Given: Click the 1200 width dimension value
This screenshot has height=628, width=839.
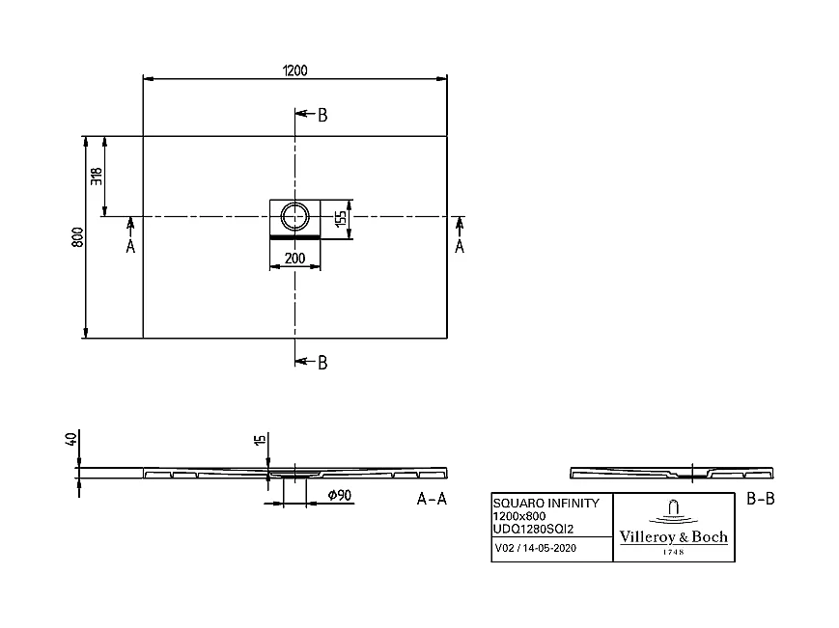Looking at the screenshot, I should (x=294, y=69).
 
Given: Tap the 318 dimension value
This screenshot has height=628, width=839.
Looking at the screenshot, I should (x=97, y=176).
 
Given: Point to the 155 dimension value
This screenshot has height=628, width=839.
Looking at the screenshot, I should (x=341, y=218).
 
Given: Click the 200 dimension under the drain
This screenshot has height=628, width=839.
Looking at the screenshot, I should (x=294, y=259).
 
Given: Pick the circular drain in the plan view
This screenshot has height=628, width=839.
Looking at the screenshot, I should (x=294, y=214).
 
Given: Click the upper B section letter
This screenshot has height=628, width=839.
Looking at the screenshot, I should (x=322, y=116).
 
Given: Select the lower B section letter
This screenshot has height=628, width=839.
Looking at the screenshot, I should (x=322, y=363).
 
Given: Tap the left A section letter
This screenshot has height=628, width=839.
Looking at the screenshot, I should (x=130, y=247).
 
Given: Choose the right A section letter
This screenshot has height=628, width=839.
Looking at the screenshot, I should (x=460, y=247).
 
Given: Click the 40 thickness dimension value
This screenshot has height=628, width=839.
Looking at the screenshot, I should (x=70, y=440).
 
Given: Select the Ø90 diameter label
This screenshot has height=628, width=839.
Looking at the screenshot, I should (x=338, y=496).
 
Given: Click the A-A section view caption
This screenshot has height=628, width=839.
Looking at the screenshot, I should (x=432, y=499).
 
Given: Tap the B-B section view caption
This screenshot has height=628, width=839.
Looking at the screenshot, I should (x=762, y=499).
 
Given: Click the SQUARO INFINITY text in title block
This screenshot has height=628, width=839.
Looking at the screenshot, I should (x=546, y=504).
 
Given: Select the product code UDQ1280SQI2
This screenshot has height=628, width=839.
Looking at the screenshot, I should (x=534, y=529).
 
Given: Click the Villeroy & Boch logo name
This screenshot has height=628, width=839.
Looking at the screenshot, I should (x=673, y=537).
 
